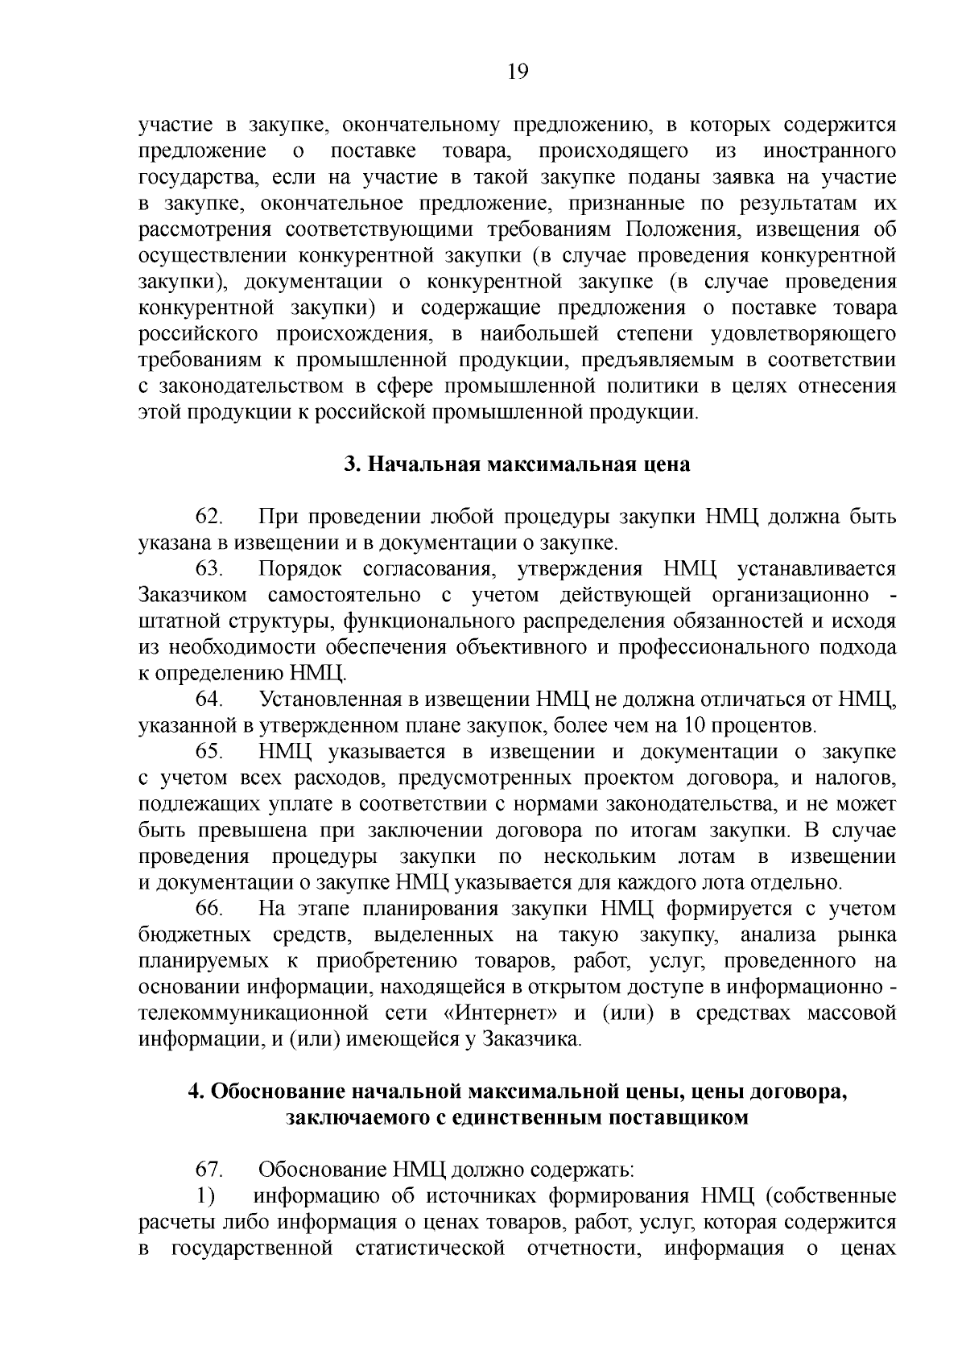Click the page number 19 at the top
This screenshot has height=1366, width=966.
(x=518, y=72)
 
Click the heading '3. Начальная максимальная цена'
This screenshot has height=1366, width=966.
(x=517, y=464)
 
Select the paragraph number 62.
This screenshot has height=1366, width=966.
(x=209, y=517)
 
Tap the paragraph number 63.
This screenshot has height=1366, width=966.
(x=209, y=569)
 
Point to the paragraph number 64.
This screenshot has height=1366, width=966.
(x=209, y=700)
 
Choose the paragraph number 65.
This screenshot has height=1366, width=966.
(x=209, y=752)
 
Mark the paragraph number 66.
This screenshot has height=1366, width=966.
(x=209, y=909)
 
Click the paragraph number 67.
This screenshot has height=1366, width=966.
(x=209, y=1170)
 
